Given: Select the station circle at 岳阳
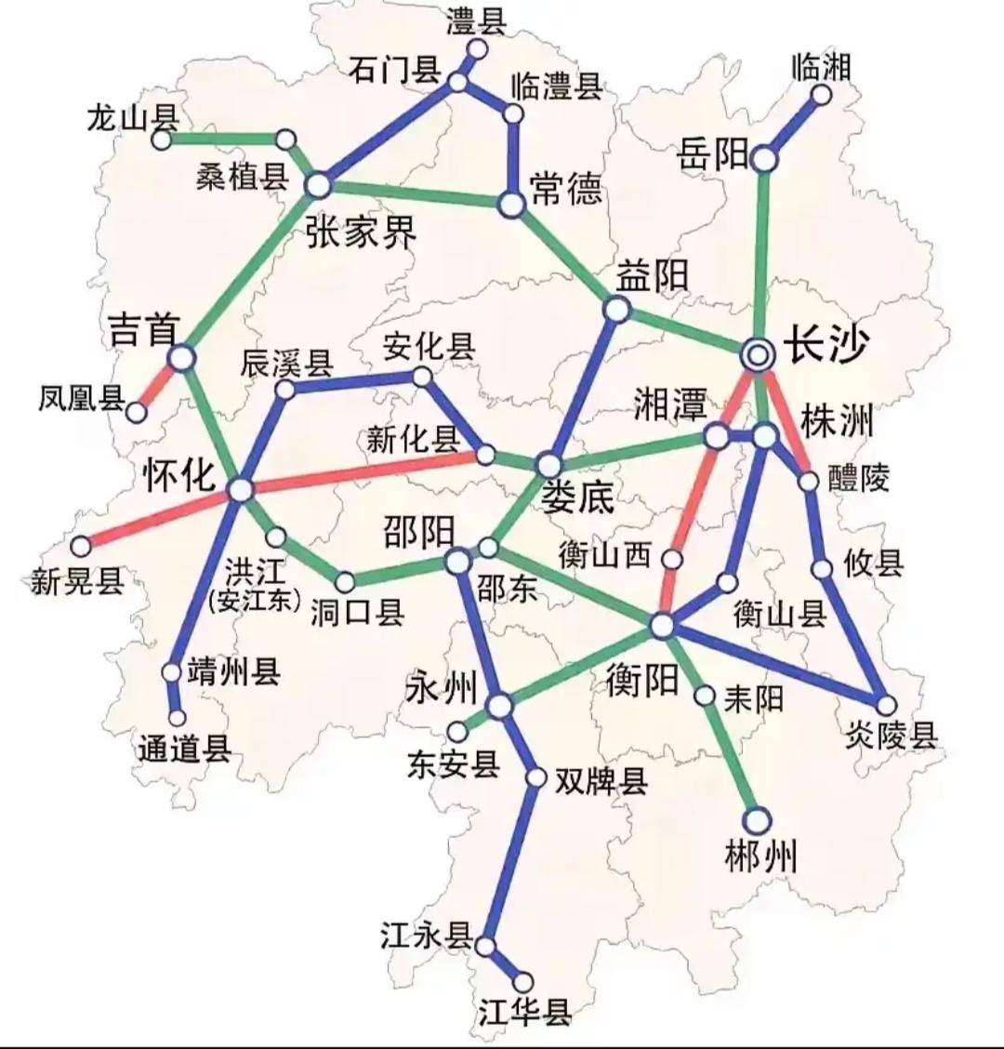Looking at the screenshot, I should (764, 159).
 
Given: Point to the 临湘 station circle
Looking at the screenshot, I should (822, 95).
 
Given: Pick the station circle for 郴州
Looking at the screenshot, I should (759, 819).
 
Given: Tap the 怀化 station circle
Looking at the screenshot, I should (240, 489).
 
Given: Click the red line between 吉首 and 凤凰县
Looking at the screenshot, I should (159, 384).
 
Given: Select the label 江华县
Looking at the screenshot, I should (524, 1012).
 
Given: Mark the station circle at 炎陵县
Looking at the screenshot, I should (887, 705).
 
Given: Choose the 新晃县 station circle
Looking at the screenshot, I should (83, 545).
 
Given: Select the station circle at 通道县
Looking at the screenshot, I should (177, 718).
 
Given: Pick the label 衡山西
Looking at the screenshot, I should (605, 555).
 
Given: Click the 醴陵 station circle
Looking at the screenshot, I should (809, 481).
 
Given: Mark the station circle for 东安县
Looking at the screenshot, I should (458, 732).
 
